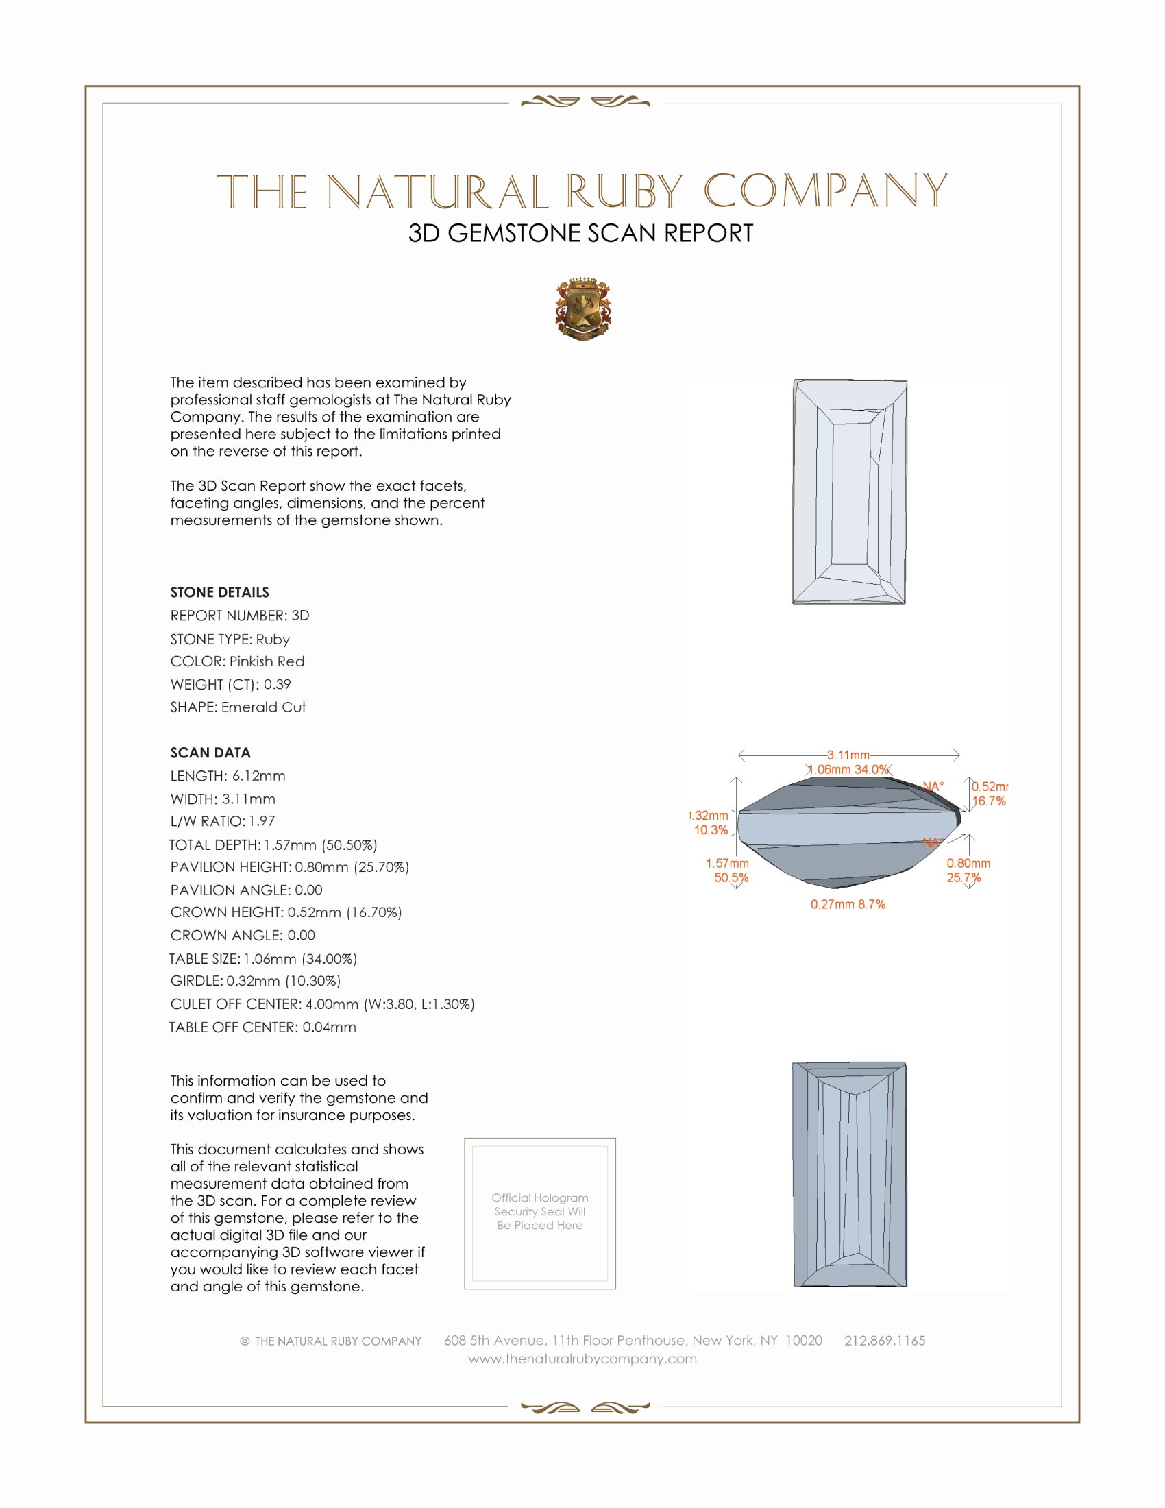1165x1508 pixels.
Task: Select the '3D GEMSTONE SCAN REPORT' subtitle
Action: pos(580,233)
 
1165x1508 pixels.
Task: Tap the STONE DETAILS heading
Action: pos(219,592)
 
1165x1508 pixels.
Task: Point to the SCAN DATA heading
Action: pos(210,753)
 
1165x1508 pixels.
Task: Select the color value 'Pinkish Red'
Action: pos(267,661)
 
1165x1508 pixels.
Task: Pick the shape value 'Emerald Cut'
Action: pos(263,707)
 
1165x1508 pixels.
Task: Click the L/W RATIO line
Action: pos(222,821)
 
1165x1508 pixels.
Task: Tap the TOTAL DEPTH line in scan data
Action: pos(273,844)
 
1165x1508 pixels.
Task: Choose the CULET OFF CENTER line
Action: pos(322,1004)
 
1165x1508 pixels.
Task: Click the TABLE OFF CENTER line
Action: pos(263,1027)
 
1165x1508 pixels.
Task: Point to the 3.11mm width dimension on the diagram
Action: pos(848,755)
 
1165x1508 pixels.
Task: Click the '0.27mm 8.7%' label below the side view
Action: pos(848,905)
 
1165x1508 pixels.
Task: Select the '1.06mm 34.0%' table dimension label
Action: pos(850,769)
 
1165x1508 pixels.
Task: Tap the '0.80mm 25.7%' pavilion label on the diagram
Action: pos(968,871)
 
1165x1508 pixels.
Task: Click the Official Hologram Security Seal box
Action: pos(540,1213)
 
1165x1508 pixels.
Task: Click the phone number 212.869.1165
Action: pos(884,1340)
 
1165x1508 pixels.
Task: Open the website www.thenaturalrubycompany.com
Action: pos(582,1359)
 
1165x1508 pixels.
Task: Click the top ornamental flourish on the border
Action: pos(585,102)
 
